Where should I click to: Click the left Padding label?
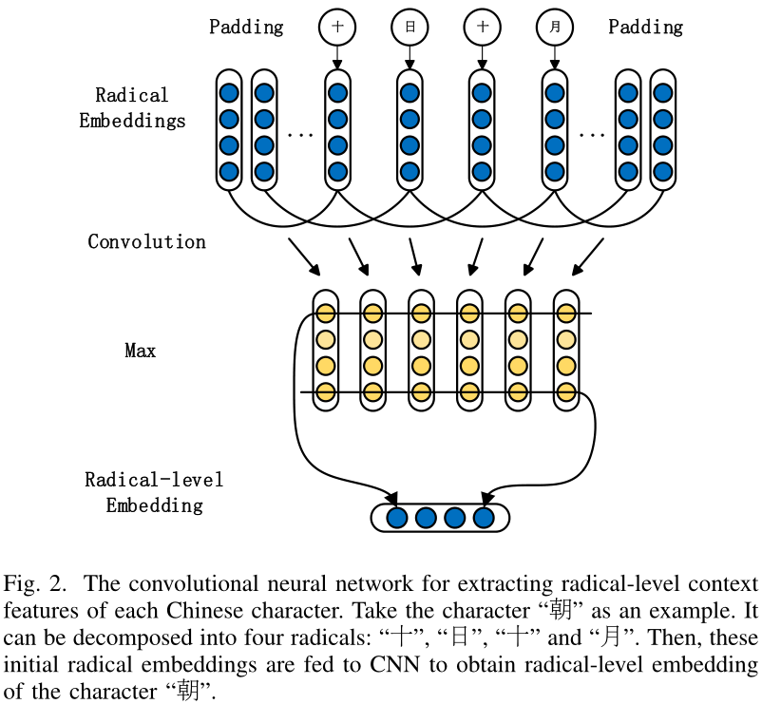(246, 27)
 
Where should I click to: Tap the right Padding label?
(645, 27)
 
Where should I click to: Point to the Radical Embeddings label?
(132, 107)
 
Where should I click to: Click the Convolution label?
(146, 241)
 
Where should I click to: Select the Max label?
(140, 351)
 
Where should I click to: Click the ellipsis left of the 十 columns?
(300, 134)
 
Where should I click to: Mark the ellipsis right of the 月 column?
(592, 134)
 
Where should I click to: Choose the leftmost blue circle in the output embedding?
(397, 518)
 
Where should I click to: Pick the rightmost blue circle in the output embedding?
(484, 518)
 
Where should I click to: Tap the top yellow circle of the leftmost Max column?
(325, 314)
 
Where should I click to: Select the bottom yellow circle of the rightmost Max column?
(566, 391)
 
